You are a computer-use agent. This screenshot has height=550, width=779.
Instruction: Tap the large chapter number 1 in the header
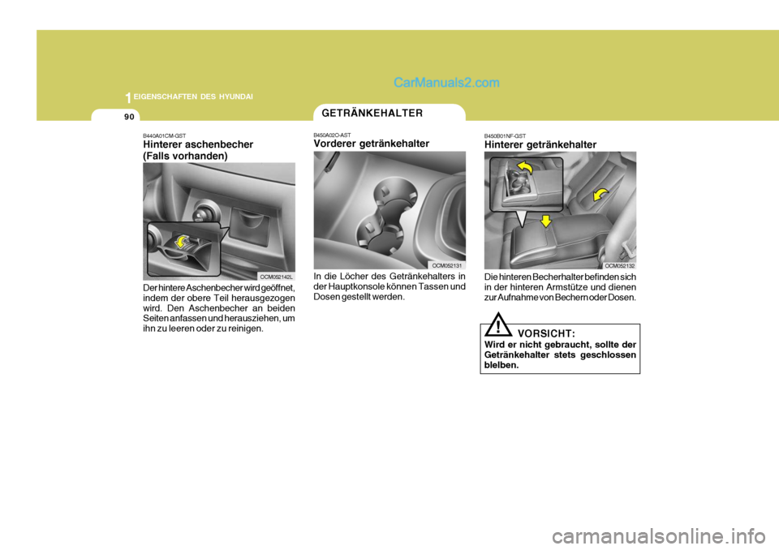pos(127,97)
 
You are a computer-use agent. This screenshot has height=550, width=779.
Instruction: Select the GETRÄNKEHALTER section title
pos(371,113)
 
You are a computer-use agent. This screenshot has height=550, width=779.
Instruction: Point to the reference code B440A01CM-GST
pos(166,135)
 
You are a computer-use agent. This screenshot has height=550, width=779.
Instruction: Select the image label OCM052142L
pos(276,277)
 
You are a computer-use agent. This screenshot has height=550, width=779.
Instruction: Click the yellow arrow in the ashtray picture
pos(183,241)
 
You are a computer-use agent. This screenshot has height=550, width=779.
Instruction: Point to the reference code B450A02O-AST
pos(332,135)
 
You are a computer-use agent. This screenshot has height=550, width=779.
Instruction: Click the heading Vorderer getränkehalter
pos(371,144)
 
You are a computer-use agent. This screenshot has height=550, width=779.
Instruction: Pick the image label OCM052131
pos(446,265)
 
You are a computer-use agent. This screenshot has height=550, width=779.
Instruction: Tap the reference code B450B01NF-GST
pos(505,135)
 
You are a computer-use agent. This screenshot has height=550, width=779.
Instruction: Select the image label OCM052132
pos(618,265)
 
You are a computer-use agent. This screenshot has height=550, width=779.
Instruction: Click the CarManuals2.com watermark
pos(446,82)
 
